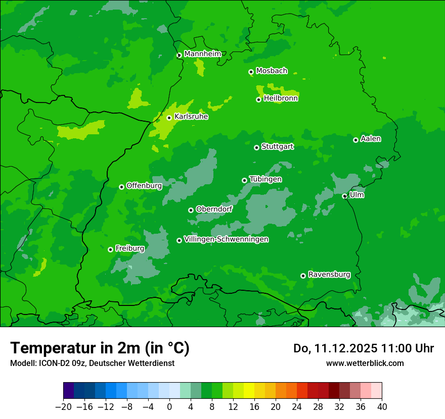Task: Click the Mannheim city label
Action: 202,54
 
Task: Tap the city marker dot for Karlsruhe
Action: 169,118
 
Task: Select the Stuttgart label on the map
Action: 277,147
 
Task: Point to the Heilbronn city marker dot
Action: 258,99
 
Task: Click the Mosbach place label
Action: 272,71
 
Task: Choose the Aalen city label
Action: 371,139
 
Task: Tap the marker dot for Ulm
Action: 345,196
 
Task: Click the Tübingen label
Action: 265,179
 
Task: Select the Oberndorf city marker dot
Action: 191,210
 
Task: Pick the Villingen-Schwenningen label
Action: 226,239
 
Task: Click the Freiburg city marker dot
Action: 110,249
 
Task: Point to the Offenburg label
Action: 144,186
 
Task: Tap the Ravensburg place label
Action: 329,275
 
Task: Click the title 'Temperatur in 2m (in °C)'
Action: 100,348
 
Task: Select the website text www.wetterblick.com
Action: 365,363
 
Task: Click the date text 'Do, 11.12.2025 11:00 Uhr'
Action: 363,348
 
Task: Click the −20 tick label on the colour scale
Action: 63,407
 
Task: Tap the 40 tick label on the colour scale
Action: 382,407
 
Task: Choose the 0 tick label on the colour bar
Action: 169,407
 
